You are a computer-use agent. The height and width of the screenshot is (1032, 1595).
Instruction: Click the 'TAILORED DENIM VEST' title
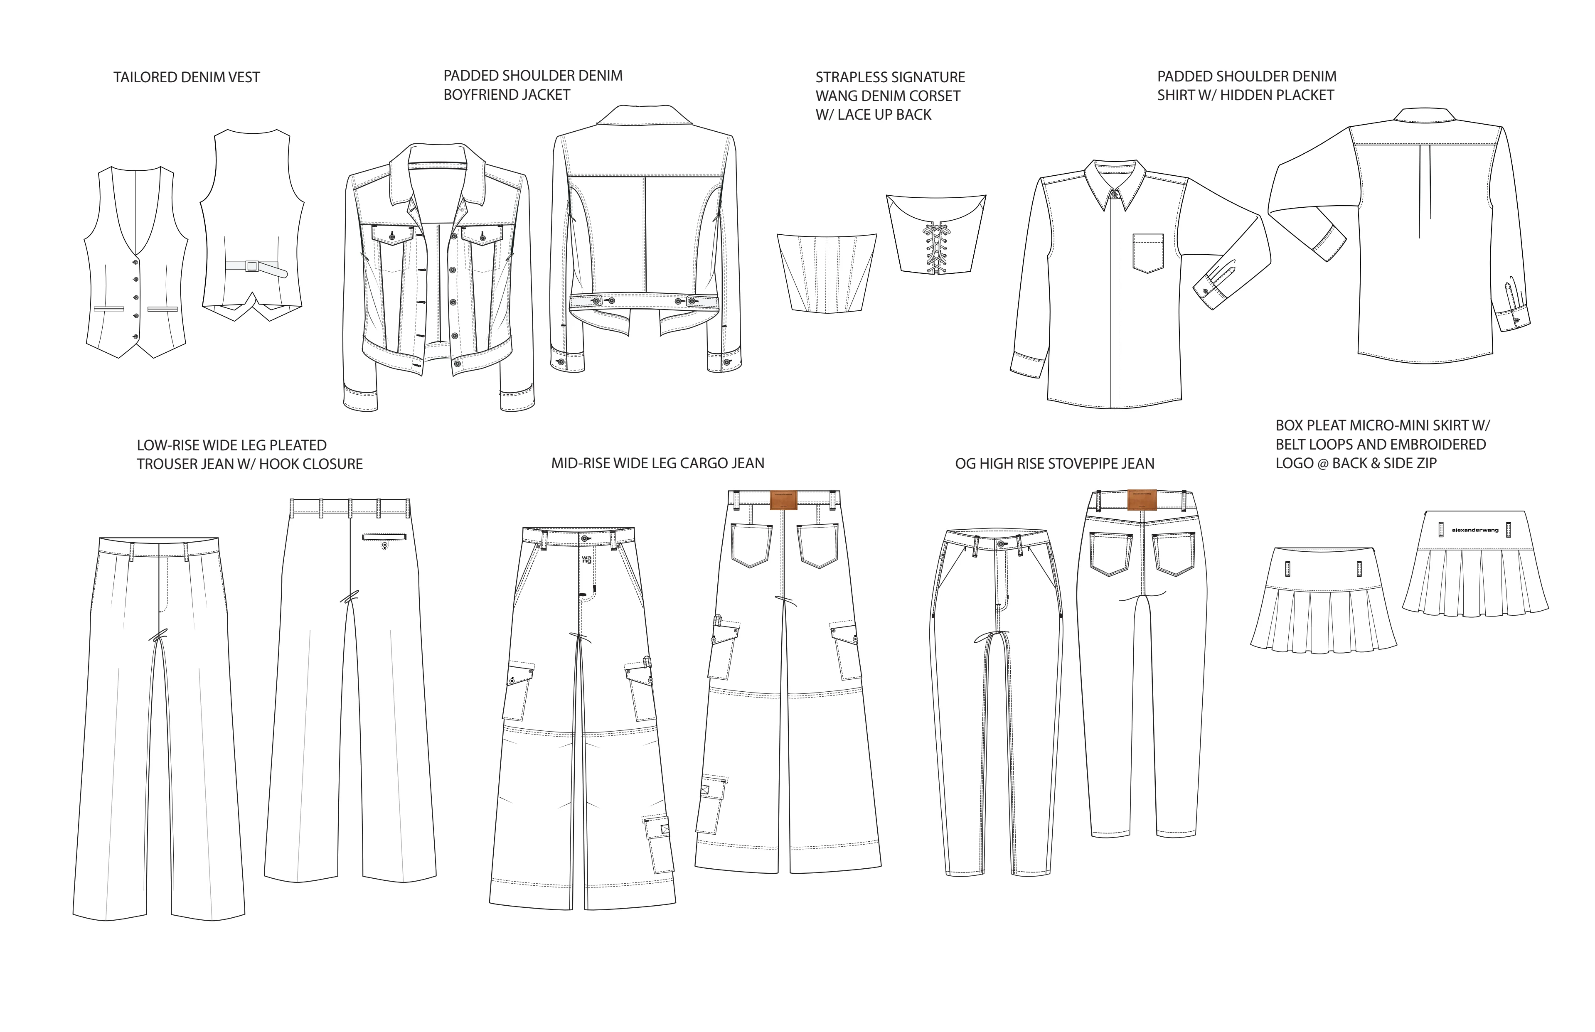pos(186,78)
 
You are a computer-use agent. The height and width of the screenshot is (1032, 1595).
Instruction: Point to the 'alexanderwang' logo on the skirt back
pos(1474,530)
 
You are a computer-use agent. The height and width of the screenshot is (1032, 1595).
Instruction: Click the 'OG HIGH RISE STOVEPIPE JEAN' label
pos(1055,464)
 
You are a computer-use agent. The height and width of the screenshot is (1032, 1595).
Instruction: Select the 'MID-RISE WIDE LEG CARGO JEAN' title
pos(657,463)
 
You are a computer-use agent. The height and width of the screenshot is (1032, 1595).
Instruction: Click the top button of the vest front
pos(135,261)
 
